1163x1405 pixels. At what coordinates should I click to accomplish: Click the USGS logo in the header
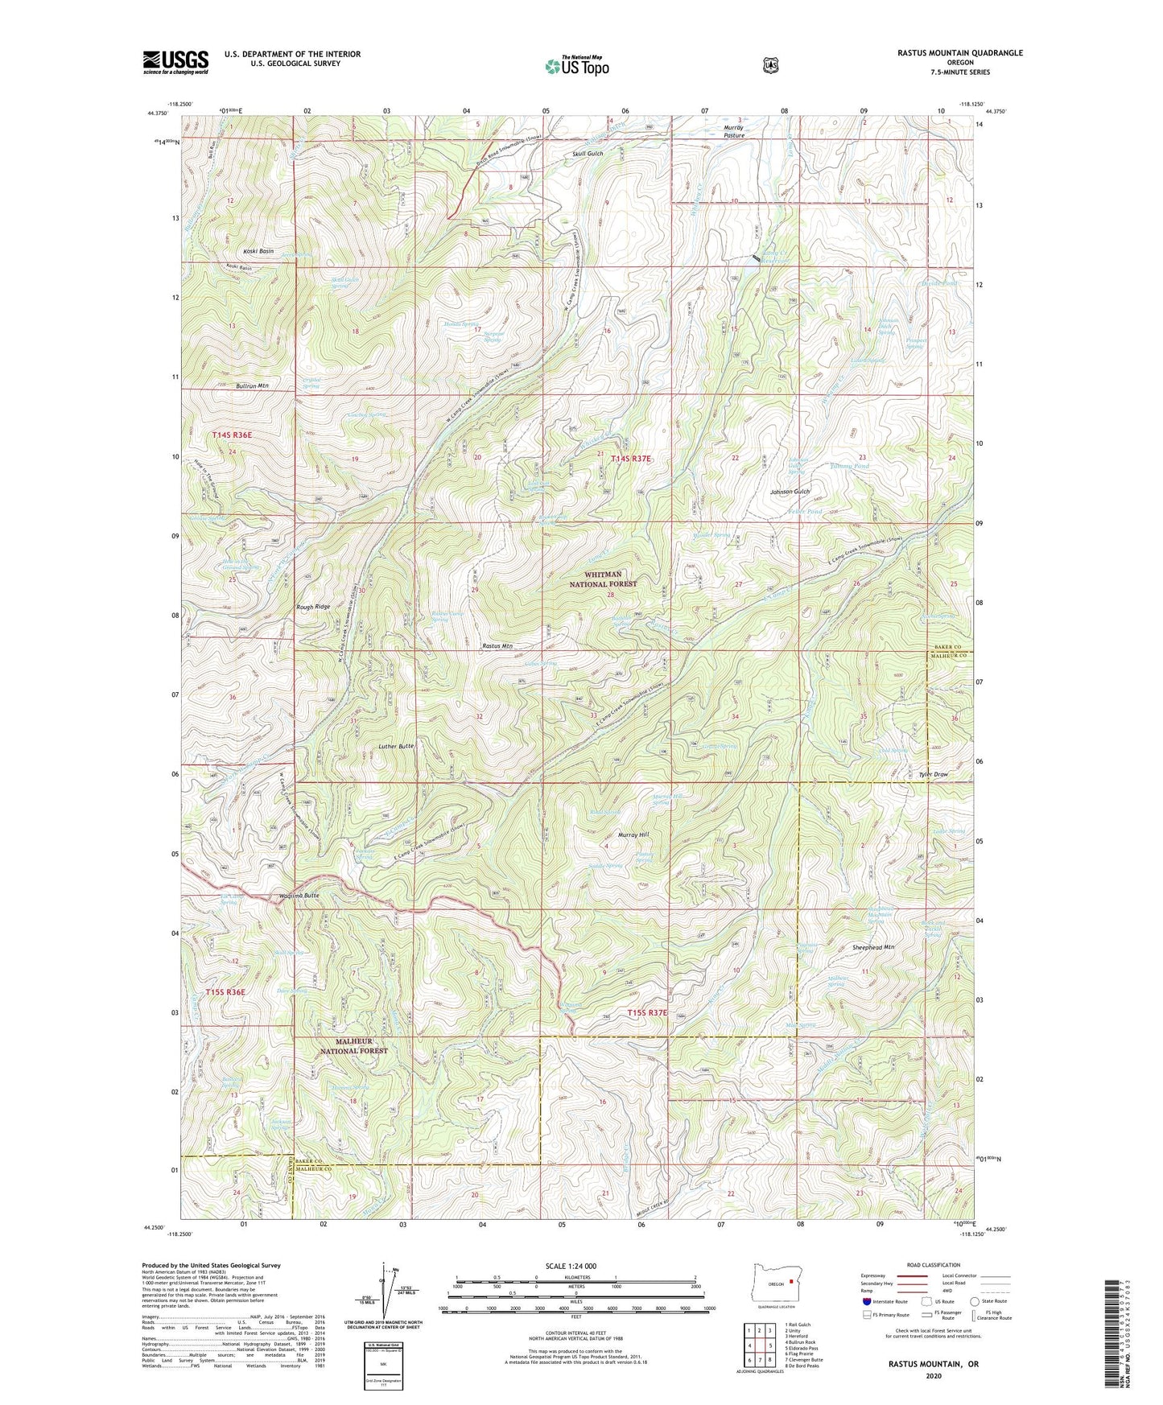pos(175,62)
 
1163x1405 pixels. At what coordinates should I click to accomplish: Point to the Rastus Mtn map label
pos(497,646)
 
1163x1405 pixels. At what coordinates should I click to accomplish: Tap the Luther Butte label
pos(396,746)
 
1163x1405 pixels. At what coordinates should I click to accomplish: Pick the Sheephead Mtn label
pos(873,948)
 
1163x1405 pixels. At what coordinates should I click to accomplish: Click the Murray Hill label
pos(633,835)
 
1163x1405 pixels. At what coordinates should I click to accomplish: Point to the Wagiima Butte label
pos(299,896)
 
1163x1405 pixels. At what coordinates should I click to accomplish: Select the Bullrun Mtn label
pos(252,386)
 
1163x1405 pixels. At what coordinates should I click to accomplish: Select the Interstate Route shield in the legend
pos(866,1301)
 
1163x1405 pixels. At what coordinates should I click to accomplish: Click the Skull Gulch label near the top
pos(588,154)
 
